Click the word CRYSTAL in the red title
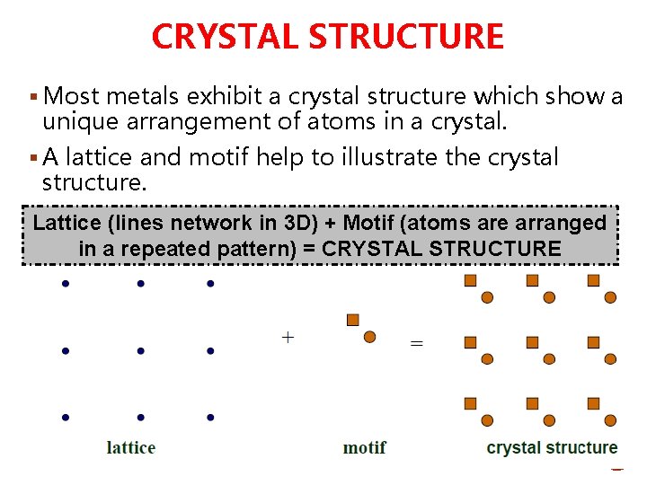(225, 37)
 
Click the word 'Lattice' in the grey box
(67, 223)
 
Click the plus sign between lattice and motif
(288, 338)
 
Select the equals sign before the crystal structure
(416, 343)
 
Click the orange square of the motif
(353, 320)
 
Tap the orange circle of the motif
(369, 337)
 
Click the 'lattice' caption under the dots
(131, 447)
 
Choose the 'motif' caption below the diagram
(365, 447)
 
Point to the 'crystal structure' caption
(552, 447)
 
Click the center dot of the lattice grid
(140, 351)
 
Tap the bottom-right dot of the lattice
(209, 417)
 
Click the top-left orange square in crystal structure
(470, 280)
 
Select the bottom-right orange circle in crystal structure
(610, 420)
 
